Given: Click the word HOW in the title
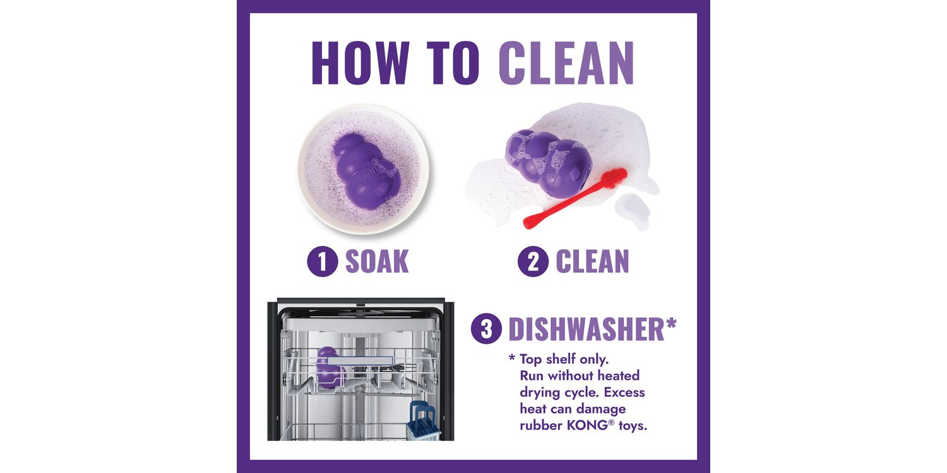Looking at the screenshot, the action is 360,63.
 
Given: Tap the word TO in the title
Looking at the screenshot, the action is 453,63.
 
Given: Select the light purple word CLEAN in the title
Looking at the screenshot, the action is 566,63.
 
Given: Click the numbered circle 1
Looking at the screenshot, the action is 323,262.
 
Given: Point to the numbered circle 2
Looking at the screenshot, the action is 533,262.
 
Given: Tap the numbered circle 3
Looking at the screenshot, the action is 487,329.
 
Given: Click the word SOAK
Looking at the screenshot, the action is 377,262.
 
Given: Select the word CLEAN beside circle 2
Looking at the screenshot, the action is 592,262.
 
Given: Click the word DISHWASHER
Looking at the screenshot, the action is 587,329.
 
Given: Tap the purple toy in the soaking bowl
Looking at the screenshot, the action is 366,171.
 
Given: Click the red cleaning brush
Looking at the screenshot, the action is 575,198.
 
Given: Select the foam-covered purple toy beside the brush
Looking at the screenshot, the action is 549,163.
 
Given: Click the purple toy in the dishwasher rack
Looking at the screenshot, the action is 330,368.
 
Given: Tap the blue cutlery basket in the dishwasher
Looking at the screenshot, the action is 423,421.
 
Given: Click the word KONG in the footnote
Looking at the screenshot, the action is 587,425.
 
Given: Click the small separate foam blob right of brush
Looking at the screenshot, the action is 633,210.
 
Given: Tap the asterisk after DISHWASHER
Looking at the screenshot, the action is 671,324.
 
